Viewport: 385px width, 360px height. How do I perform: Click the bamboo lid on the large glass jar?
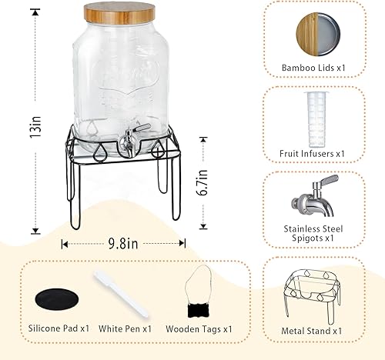[x=122, y=13]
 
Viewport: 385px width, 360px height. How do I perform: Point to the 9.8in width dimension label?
[x=123, y=244]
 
